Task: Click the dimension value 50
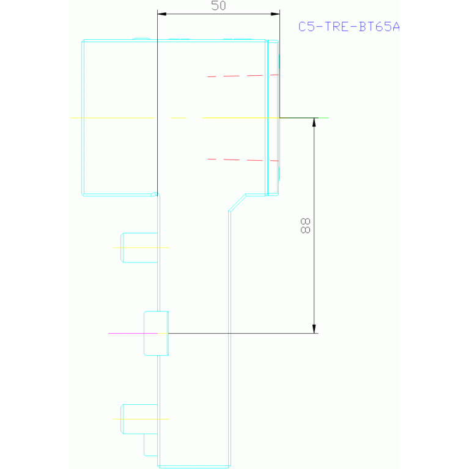(x=218, y=6)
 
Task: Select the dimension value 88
(x=305, y=226)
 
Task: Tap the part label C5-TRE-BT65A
(x=349, y=26)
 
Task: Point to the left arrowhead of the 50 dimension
(x=162, y=13)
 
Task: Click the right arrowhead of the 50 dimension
(x=275, y=13)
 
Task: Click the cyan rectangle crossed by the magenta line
(x=156, y=333)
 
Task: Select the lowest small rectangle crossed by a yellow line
(x=139, y=419)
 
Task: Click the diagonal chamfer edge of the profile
(x=237, y=203)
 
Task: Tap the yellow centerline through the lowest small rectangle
(x=141, y=419)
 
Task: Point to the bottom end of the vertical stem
(x=194, y=466)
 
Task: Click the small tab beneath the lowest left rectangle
(x=150, y=445)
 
